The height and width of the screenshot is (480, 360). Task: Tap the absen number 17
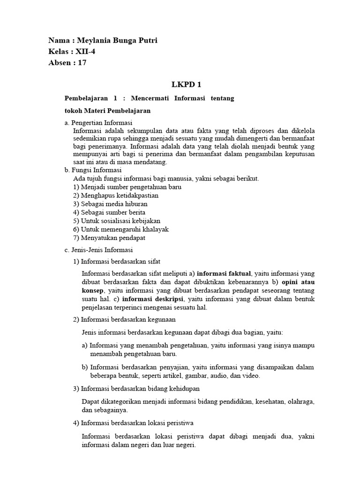pos(82,63)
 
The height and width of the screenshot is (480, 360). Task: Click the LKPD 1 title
pos(180,84)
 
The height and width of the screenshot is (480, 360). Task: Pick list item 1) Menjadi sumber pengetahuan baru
pos(127,187)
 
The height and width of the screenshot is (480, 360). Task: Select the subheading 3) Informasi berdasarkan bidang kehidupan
pos(136,389)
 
